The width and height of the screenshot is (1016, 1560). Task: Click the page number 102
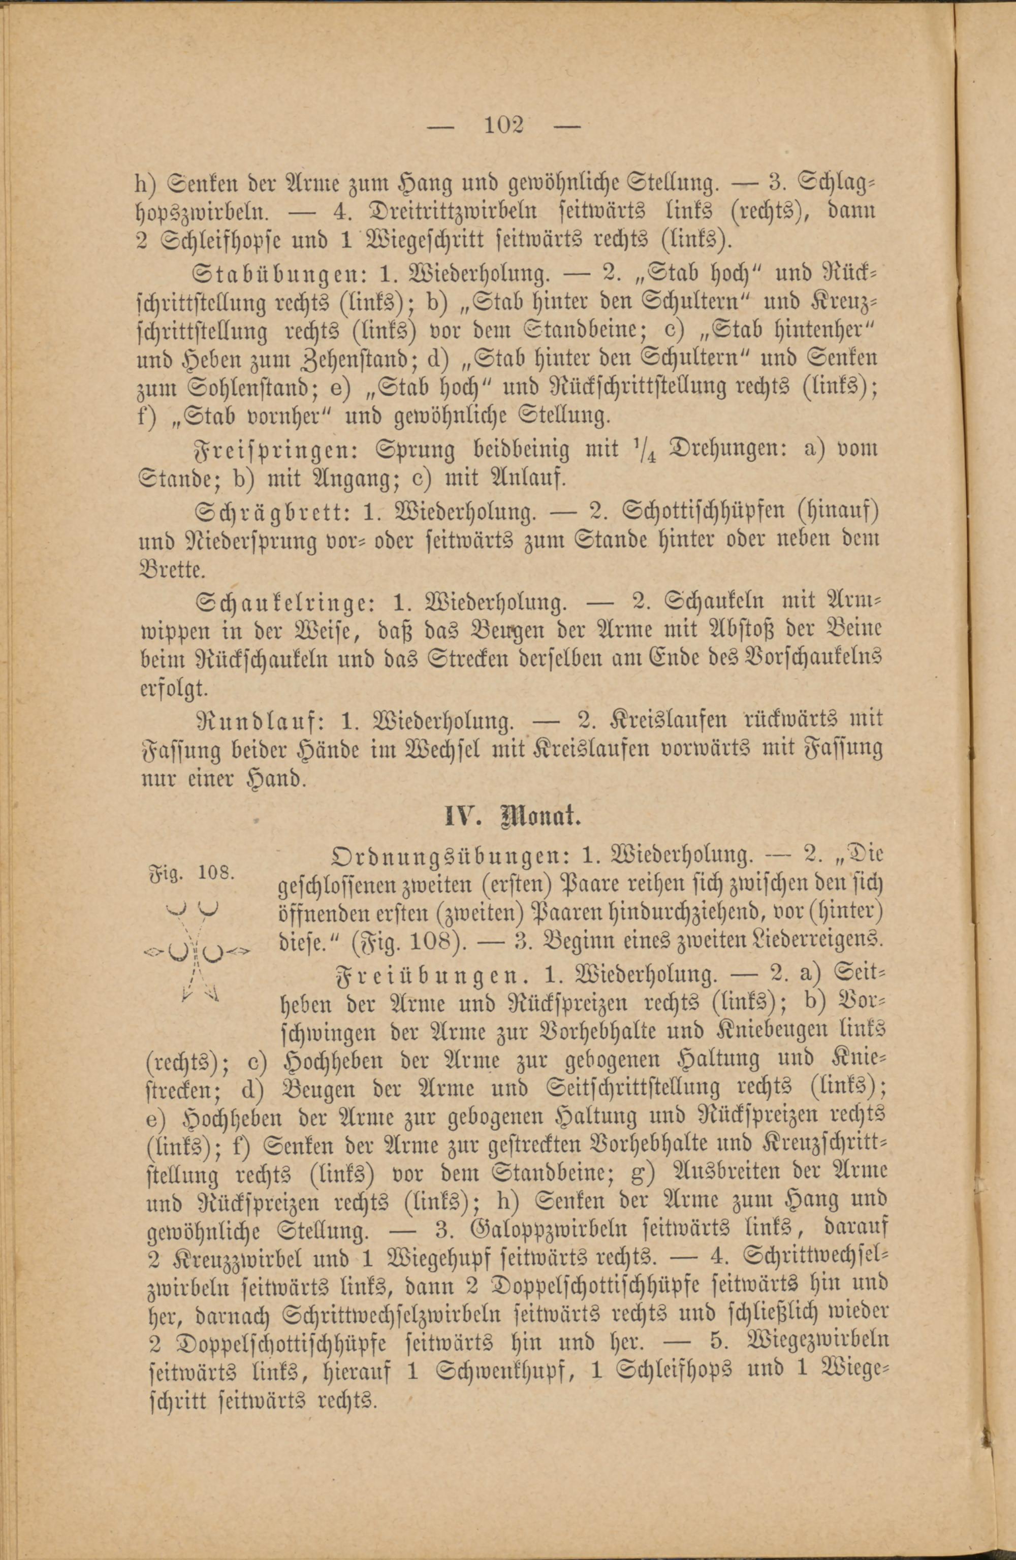(504, 124)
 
